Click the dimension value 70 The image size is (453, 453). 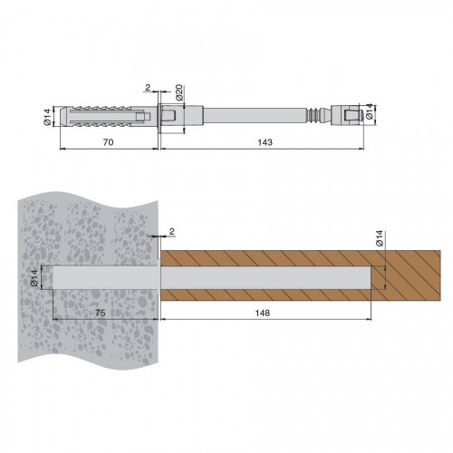point(109,142)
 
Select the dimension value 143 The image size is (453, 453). point(265,142)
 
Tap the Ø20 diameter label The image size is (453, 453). point(179,92)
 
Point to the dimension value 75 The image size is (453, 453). point(101,313)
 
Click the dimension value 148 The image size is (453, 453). point(263,313)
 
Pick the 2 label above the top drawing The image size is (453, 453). point(148,88)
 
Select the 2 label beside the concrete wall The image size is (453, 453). point(172,232)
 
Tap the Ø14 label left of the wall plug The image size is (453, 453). point(46,117)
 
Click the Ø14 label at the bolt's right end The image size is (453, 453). point(369,111)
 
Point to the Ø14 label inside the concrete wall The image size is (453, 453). point(34,278)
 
